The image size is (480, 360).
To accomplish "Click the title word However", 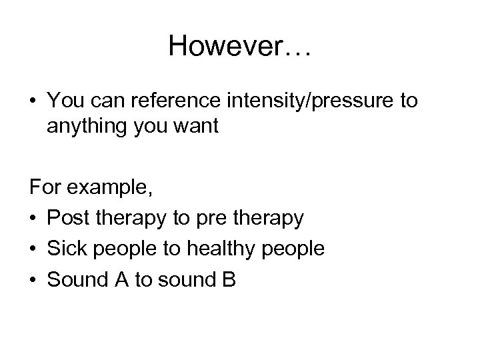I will click(x=220, y=46).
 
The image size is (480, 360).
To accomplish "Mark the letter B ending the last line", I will click(x=229, y=279).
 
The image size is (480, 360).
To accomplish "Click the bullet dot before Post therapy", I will click(x=34, y=219).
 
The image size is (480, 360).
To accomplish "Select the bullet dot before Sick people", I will click(x=34, y=249).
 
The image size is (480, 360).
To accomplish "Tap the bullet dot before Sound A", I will click(x=34, y=280).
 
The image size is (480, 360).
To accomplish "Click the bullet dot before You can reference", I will click(x=34, y=101).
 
